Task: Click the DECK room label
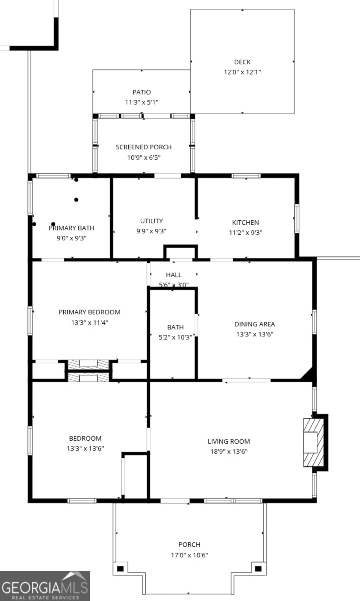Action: coord(242,62)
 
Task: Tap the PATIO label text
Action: coord(141,92)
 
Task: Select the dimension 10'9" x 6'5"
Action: coord(143,157)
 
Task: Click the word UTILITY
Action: coord(151,221)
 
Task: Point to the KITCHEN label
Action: coord(245,222)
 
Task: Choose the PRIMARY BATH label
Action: coord(71,228)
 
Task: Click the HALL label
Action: coord(174,275)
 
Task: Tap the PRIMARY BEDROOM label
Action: coord(89,312)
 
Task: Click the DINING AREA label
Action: coord(255,324)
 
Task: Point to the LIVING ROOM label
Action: coord(229,441)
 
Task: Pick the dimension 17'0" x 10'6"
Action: coord(189,555)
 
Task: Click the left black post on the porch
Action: coord(120,568)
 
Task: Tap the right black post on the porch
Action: coord(258,568)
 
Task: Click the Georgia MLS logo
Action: coord(45,586)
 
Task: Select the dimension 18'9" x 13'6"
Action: coord(228,451)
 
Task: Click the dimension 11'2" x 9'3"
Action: coord(245,232)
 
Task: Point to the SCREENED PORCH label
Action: coord(143,147)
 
